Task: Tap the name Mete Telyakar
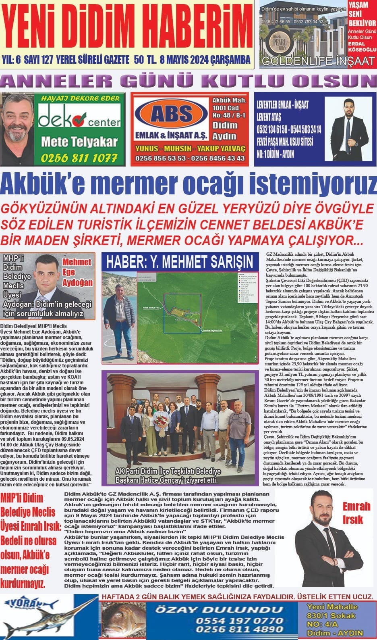point(79,142)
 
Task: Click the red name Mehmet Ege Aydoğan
point(77,272)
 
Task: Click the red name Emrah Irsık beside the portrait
point(356,513)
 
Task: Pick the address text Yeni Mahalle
point(332,607)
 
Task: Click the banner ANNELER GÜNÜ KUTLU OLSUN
point(188,81)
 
